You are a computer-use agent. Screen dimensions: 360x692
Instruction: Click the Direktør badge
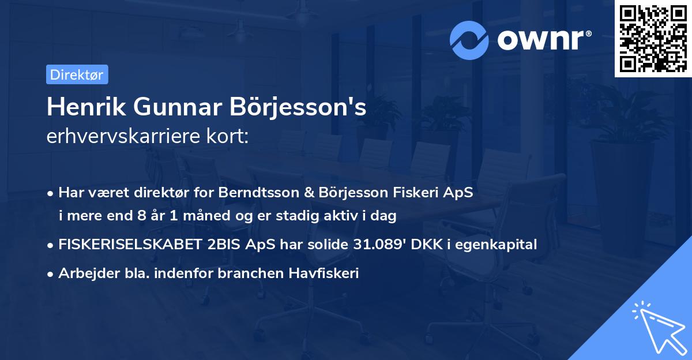[x=77, y=74]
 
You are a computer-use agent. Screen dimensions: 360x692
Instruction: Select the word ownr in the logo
[x=542, y=40]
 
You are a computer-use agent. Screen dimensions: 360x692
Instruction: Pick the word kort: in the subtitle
[x=229, y=136]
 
